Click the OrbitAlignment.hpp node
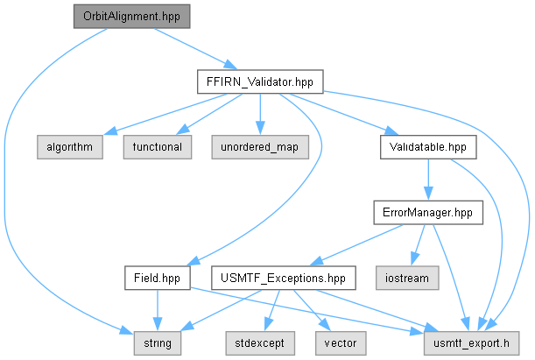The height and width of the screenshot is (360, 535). pos(131,17)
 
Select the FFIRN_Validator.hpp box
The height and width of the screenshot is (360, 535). pos(260,81)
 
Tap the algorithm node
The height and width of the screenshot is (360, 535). pos(70,147)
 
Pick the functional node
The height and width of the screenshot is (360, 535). pos(158,147)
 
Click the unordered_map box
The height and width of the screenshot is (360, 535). pos(260,147)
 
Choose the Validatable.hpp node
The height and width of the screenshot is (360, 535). pos(428,147)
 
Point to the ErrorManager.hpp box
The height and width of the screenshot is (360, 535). pos(428,213)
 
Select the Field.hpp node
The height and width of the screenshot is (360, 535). pos(158,279)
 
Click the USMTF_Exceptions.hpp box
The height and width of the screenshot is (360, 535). pos(284,279)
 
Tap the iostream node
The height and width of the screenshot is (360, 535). pos(407,279)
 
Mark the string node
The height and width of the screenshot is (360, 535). pos(158,343)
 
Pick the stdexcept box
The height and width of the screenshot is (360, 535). pos(260,343)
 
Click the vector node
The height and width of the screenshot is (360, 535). pos(341,343)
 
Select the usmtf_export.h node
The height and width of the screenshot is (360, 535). pos(472,343)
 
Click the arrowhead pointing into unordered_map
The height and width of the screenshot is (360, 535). pos(260,129)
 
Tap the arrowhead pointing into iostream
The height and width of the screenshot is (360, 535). pos(414,258)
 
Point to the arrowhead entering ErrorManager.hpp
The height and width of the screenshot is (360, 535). pos(428,194)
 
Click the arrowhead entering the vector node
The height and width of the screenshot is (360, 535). pos(325,325)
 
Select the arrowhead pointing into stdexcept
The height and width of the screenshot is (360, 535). pos(269,325)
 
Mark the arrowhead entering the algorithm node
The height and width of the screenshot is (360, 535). pos(109,131)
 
